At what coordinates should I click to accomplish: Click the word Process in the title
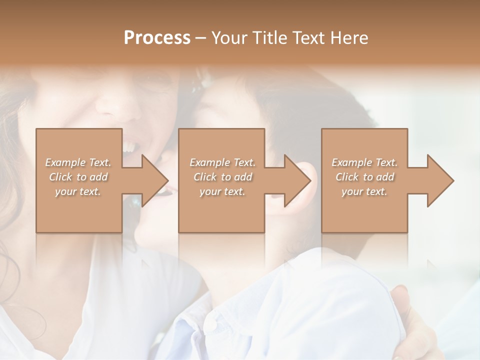(x=157, y=38)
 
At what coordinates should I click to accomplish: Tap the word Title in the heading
(x=266, y=38)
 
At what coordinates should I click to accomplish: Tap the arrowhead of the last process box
(x=438, y=180)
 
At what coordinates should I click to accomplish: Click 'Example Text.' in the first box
(x=78, y=162)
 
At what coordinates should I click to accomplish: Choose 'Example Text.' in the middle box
(x=222, y=162)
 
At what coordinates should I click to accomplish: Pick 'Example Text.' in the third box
(x=364, y=162)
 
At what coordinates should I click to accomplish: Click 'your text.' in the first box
(x=78, y=191)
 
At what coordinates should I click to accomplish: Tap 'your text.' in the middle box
(x=222, y=191)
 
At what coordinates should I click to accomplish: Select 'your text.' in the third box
(x=364, y=191)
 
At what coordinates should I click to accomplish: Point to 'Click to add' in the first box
(x=78, y=177)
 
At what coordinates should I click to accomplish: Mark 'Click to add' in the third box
(x=364, y=177)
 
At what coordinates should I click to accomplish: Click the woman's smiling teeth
(x=130, y=146)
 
